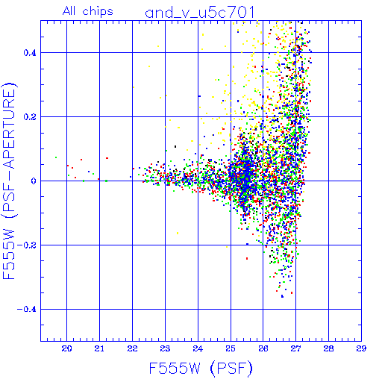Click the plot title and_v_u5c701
coord(200,13)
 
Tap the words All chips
coord(88,11)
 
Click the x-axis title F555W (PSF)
coord(201,368)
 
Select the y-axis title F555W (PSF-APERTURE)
coord(9,181)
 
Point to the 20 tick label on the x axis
coord(66,348)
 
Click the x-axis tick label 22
coord(132,348)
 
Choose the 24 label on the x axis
coord(198,348)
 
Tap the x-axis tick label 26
coord(263,348)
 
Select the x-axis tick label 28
coord(328,348)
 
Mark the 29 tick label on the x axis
coord(361,348)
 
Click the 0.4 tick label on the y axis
coord(30,53)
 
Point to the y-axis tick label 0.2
coord(30,117)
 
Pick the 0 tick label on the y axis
coord(34,181)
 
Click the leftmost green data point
coord(56,157)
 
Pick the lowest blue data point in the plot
coord(282,296)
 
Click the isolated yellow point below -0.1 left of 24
coord(178,234)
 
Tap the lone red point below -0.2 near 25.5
coord(247,259)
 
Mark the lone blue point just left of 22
coord(131,177)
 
